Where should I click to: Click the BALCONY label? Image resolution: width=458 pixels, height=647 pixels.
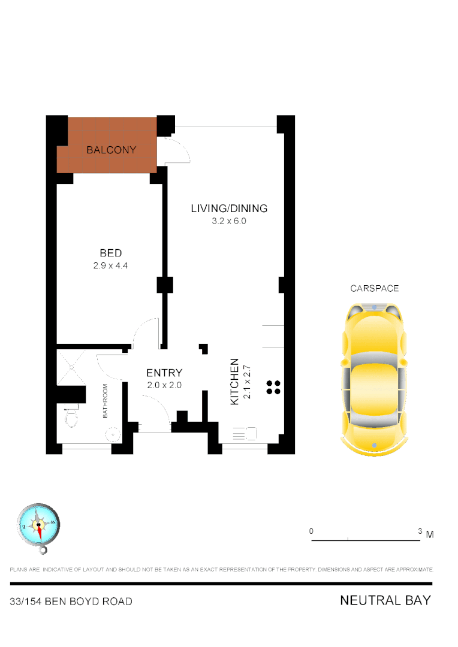point(112,150)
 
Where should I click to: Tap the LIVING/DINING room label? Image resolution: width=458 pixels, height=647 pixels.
point(229,208)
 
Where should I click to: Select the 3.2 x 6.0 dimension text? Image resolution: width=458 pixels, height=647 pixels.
point(229,221)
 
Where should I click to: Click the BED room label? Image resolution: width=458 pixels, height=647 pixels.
point(111,253)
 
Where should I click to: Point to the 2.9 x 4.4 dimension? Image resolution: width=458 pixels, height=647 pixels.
point(111,266)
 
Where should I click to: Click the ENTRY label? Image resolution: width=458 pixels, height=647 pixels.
point(164,373)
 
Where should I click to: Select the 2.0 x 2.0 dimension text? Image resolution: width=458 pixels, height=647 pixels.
point(164,385)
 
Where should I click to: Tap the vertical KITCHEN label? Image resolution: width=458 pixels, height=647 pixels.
point(235,382)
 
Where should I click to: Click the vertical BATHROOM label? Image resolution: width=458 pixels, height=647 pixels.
point(105,401)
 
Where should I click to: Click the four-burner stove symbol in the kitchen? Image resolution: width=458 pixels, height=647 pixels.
point(273,387)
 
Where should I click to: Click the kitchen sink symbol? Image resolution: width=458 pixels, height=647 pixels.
point(245,433)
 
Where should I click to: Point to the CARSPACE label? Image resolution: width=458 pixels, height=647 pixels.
point(375,288)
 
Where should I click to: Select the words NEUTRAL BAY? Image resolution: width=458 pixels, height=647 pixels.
point(385,600)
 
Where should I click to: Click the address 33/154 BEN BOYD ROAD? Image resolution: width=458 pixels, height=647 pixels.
point(71,601)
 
